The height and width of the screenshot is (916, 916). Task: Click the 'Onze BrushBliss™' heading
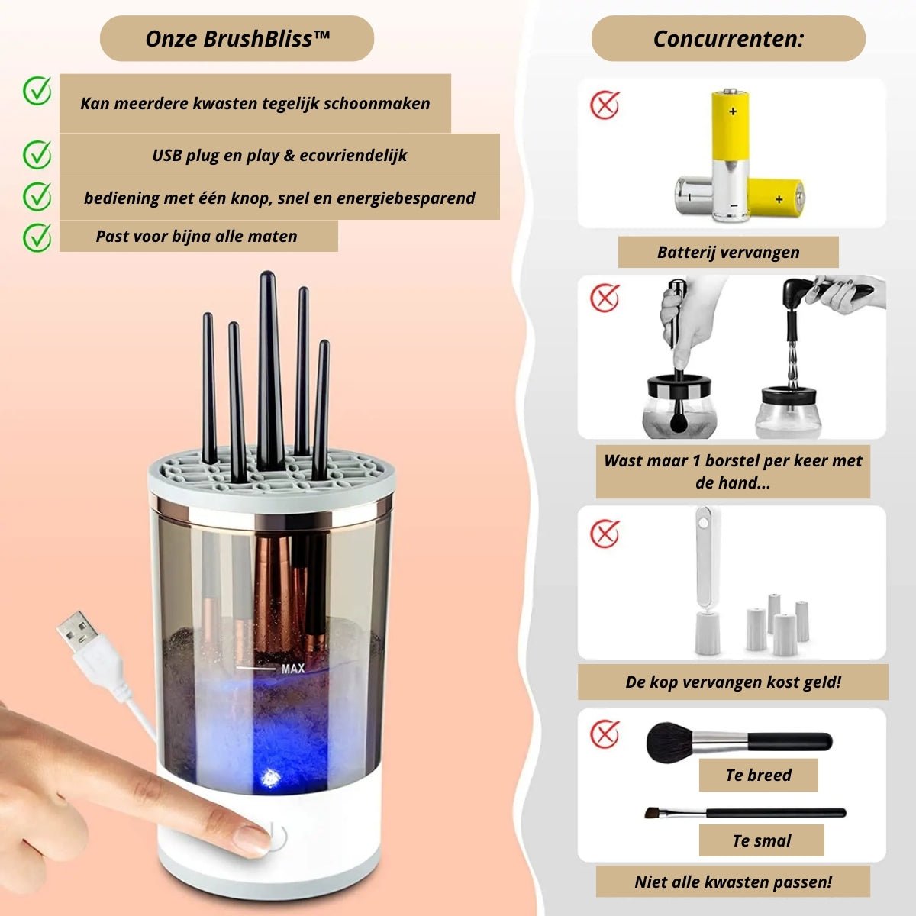tap(237, 38)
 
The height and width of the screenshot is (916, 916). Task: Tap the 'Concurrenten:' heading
tap(728, 38)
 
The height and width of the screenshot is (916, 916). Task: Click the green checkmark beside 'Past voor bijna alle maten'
tap(37, 237)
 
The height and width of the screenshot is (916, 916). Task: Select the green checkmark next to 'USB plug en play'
tap(37, 154)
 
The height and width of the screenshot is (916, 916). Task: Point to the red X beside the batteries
tap(604, 105)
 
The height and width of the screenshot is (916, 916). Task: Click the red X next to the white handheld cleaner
tap(604, 534)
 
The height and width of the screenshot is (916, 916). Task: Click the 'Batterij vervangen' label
tap(728, 252)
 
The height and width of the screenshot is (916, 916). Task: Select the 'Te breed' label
tap(758, 776)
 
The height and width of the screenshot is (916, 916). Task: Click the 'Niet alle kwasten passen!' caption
tap(733, 882)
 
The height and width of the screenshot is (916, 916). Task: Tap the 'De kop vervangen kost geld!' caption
tap(733, 682)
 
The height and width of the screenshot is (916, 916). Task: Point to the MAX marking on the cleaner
tap(293, 669)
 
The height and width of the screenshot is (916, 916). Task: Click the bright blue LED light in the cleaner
tap(270, 778)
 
